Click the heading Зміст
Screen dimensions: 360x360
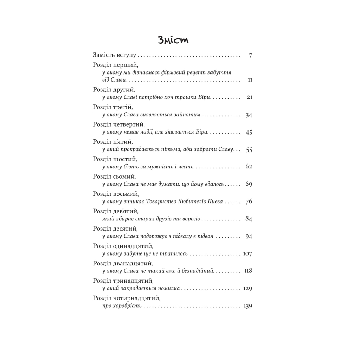173,40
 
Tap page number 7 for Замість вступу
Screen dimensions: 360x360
250,56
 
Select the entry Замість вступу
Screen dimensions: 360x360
114,55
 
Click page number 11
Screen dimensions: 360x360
250,80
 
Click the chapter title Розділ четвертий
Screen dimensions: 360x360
119,124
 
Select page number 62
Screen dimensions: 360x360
249,166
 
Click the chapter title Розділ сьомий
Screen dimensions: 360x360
114,176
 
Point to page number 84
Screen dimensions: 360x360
249,219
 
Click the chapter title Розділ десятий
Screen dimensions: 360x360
115,229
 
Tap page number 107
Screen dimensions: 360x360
247,253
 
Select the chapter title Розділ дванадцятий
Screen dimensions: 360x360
122,263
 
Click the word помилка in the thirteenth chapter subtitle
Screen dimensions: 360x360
168,288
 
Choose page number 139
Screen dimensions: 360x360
247,306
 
